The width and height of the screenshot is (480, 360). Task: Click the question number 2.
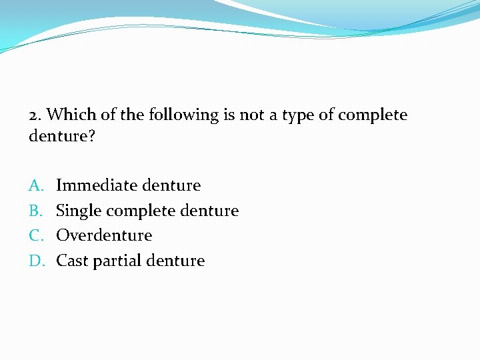point(35,115)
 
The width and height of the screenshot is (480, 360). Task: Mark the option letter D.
point(36,261)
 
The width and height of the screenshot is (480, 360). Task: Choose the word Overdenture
point(104,235)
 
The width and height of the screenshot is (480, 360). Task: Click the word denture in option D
point(177,261)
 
